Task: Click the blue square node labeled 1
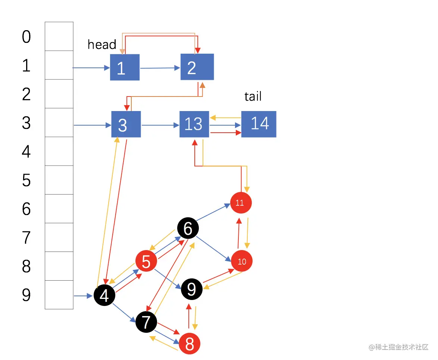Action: [125, 67]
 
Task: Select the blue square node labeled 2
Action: [197, 67]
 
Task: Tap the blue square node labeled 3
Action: [126, 124]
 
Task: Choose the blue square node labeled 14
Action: [259, 124]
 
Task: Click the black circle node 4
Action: [104, 296]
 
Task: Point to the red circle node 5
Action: [146, 262]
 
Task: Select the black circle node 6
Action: [188, 228]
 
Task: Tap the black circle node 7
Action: [146, 322]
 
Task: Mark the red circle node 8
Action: [190, 344]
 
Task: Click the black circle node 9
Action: [191, 289]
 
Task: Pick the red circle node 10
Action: [242, 261]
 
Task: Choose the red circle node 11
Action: [241, 203]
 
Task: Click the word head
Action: [102, 45]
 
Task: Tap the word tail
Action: [253, 97]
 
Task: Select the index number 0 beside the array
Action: [26, 37]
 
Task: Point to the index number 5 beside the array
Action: [26, 180]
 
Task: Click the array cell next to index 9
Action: [59, 295]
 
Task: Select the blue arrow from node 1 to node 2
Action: [160, 68]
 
